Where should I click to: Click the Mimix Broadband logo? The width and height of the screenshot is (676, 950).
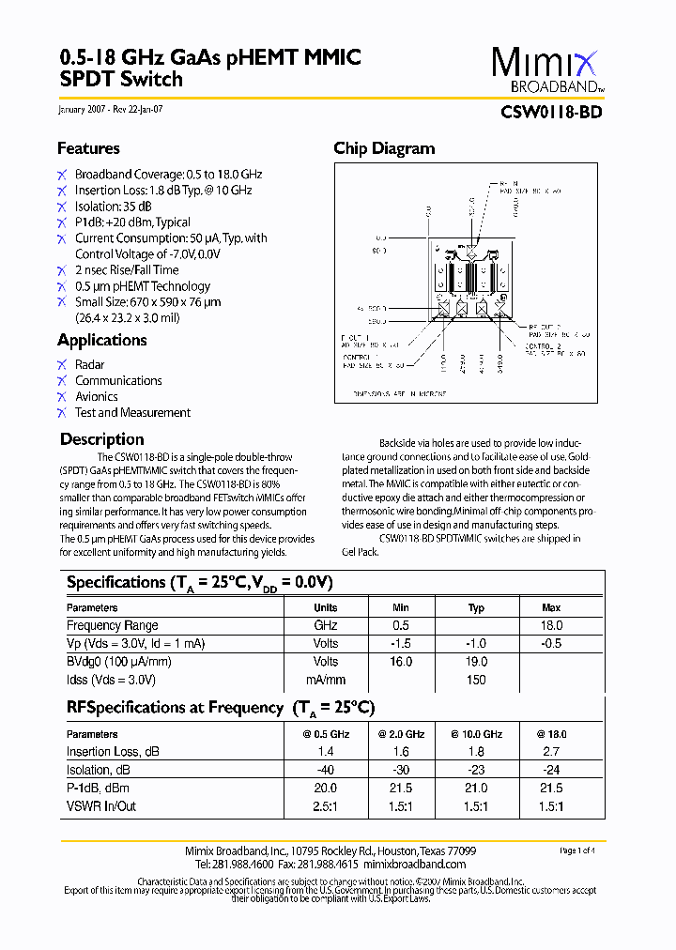[545, 70]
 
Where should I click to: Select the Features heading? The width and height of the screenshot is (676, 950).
[88, 148]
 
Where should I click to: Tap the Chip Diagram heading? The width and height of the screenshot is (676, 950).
[384, 148]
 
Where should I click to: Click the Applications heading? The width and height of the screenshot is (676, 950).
[101, 340]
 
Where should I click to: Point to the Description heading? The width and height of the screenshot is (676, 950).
[101, 439]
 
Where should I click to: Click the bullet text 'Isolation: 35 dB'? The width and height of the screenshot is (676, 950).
[114, 207]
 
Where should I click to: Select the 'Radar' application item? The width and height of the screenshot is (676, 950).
[90, 364]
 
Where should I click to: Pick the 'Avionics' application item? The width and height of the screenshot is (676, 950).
[97, 396]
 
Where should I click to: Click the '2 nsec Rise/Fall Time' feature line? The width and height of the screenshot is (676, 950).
[127, 270]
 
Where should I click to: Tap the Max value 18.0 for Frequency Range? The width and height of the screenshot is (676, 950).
[551, 625]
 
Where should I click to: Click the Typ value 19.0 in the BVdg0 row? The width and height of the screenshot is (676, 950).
[476, 662]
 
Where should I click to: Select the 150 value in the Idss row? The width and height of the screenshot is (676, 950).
[476, 680]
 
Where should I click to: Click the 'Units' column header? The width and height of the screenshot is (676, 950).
[326, 608]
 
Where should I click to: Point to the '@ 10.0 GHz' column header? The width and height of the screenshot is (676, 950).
[476, 734]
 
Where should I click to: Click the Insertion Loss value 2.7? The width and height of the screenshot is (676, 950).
[551, 752]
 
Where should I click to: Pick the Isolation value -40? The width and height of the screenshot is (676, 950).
[326, 770]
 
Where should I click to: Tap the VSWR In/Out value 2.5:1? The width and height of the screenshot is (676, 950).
[326, 806]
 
